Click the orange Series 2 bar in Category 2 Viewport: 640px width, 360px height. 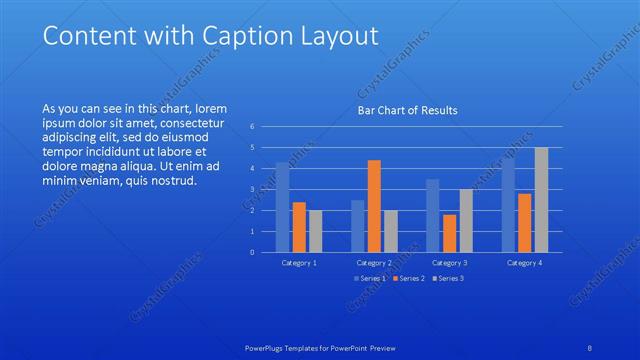pos(374,206)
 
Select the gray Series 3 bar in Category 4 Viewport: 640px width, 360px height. pos(541,200)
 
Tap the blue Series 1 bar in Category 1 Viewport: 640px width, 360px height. pos(283,207)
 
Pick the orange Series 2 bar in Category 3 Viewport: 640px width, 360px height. pos(449,233)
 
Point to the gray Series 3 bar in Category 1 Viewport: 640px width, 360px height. pos(315,231)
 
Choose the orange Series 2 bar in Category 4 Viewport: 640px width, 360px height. pos(525,223)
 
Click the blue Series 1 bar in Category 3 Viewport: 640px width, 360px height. pos(433,215)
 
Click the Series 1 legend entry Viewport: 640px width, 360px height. pos(374,277)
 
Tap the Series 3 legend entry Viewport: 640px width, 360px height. pos(449,277)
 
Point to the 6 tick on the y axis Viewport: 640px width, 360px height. pos(253,126)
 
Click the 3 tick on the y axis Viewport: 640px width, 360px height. pos(253,189)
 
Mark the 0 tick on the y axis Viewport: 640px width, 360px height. pos(253,252)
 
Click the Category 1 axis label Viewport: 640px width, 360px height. pos(299,262)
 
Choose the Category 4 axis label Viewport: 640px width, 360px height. pos(525,262)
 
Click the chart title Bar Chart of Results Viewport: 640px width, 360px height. pos(407,110)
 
